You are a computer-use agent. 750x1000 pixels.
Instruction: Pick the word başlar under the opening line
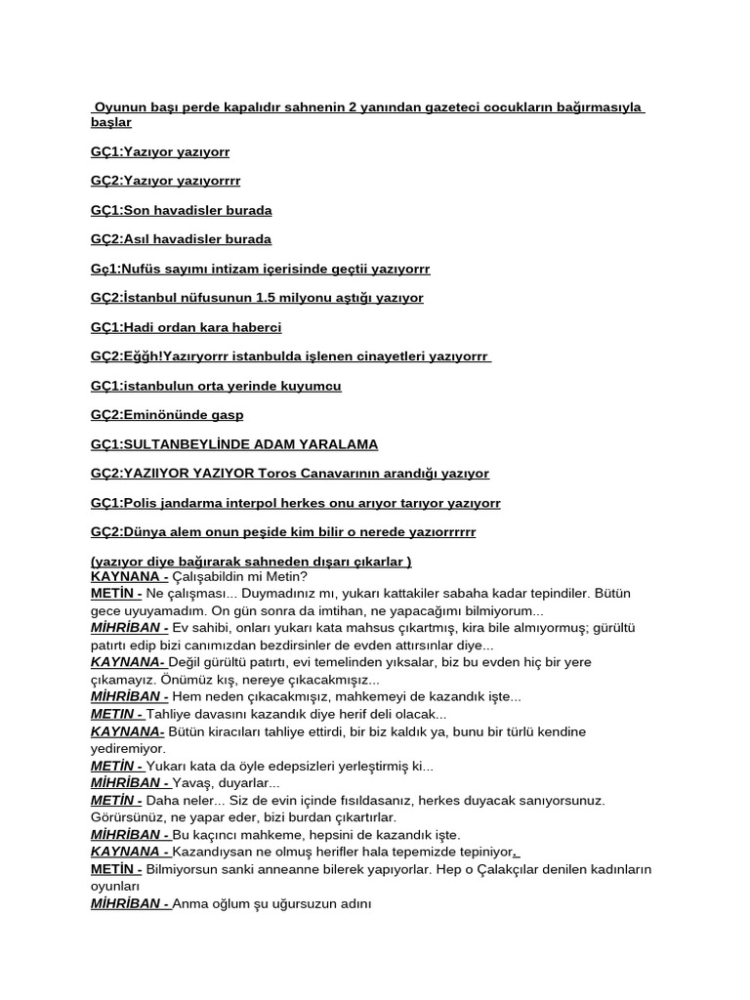pyautogui.click(x=110, y=123)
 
